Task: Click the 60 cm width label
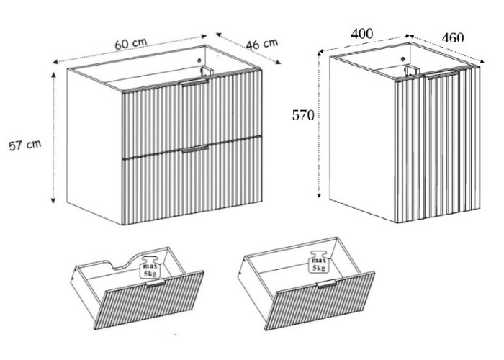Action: [131, 44]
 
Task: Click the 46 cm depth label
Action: [262, 44]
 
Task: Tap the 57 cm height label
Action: [25, 145]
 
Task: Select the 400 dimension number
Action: [362, 34]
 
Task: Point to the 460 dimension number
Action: [453, 38]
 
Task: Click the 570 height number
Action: [303, 115]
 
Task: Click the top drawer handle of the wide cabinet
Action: [194, 84]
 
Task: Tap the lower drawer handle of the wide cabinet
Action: [195, 149]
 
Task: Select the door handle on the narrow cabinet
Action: [441, 75]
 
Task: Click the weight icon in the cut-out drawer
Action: [150, 267]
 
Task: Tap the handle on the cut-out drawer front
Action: [156, 283]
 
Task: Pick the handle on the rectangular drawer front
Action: [326, 284]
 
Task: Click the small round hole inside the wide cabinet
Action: [199, 60]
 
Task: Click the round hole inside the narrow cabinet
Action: [402, 59]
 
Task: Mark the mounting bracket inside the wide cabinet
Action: [207, 72]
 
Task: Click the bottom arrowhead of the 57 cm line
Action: [53, 201]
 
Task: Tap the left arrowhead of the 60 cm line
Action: [56, 62]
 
